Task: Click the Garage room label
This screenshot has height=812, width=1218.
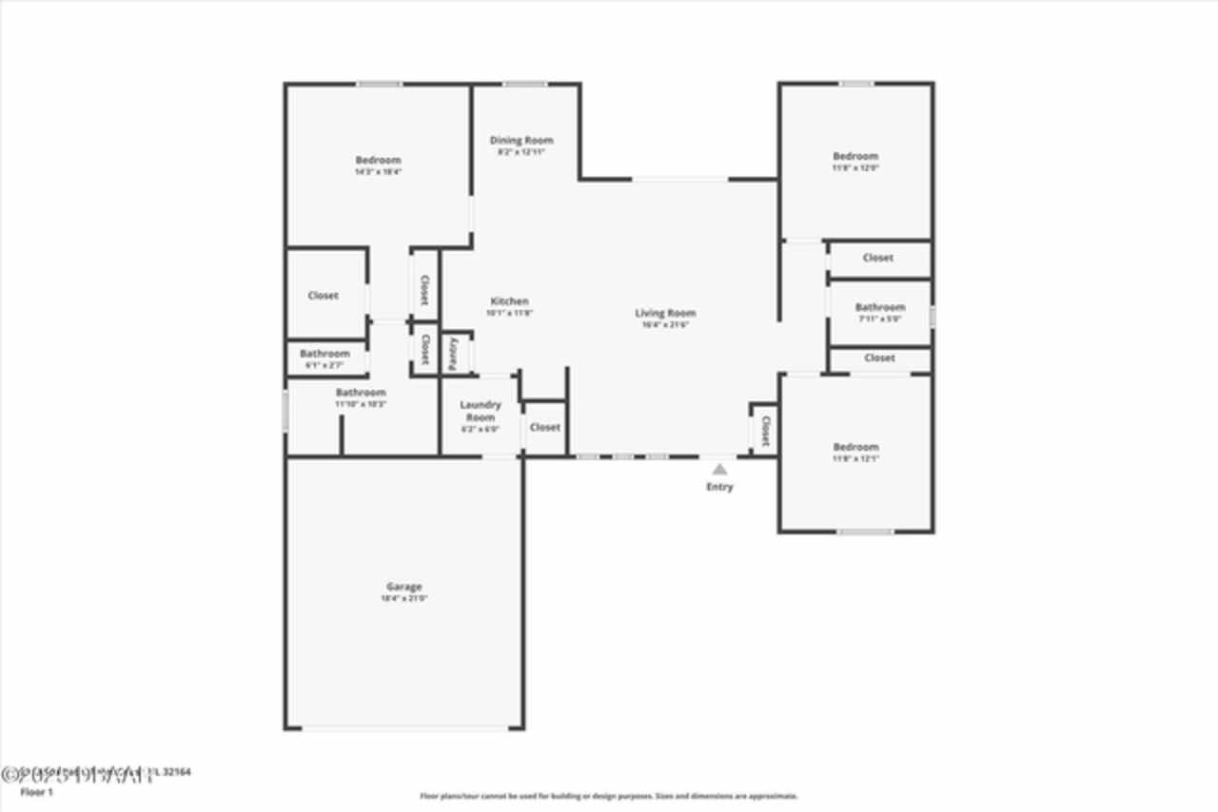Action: point(403,587)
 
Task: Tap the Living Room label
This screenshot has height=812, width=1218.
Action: point(665,313)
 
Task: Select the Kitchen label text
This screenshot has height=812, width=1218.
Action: point(509,301)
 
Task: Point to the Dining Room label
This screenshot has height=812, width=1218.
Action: point(521,141)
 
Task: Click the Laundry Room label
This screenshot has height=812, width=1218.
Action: point(481,411)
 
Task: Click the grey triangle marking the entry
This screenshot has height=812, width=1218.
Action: point(720,469)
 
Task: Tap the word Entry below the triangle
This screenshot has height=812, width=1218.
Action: point(719,488)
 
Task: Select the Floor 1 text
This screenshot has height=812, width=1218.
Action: point(37,791)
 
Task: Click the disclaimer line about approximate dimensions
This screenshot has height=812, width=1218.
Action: point(609,796)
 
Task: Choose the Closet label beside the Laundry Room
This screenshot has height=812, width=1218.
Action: point(545,427)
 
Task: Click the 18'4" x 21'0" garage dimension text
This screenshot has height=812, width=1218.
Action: point(403,599)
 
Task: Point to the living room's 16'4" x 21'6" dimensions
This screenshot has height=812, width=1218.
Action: point(665,325)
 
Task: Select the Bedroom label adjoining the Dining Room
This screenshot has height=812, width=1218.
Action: point(378,160)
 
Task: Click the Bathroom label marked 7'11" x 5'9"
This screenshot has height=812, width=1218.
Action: point(880,307)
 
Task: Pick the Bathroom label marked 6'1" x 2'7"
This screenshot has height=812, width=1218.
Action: point(324,353)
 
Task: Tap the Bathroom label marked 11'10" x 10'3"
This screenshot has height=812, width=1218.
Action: point(361,392)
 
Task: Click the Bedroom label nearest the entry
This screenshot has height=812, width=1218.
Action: point(855,447)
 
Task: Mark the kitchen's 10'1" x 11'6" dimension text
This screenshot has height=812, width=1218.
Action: point(509,313)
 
